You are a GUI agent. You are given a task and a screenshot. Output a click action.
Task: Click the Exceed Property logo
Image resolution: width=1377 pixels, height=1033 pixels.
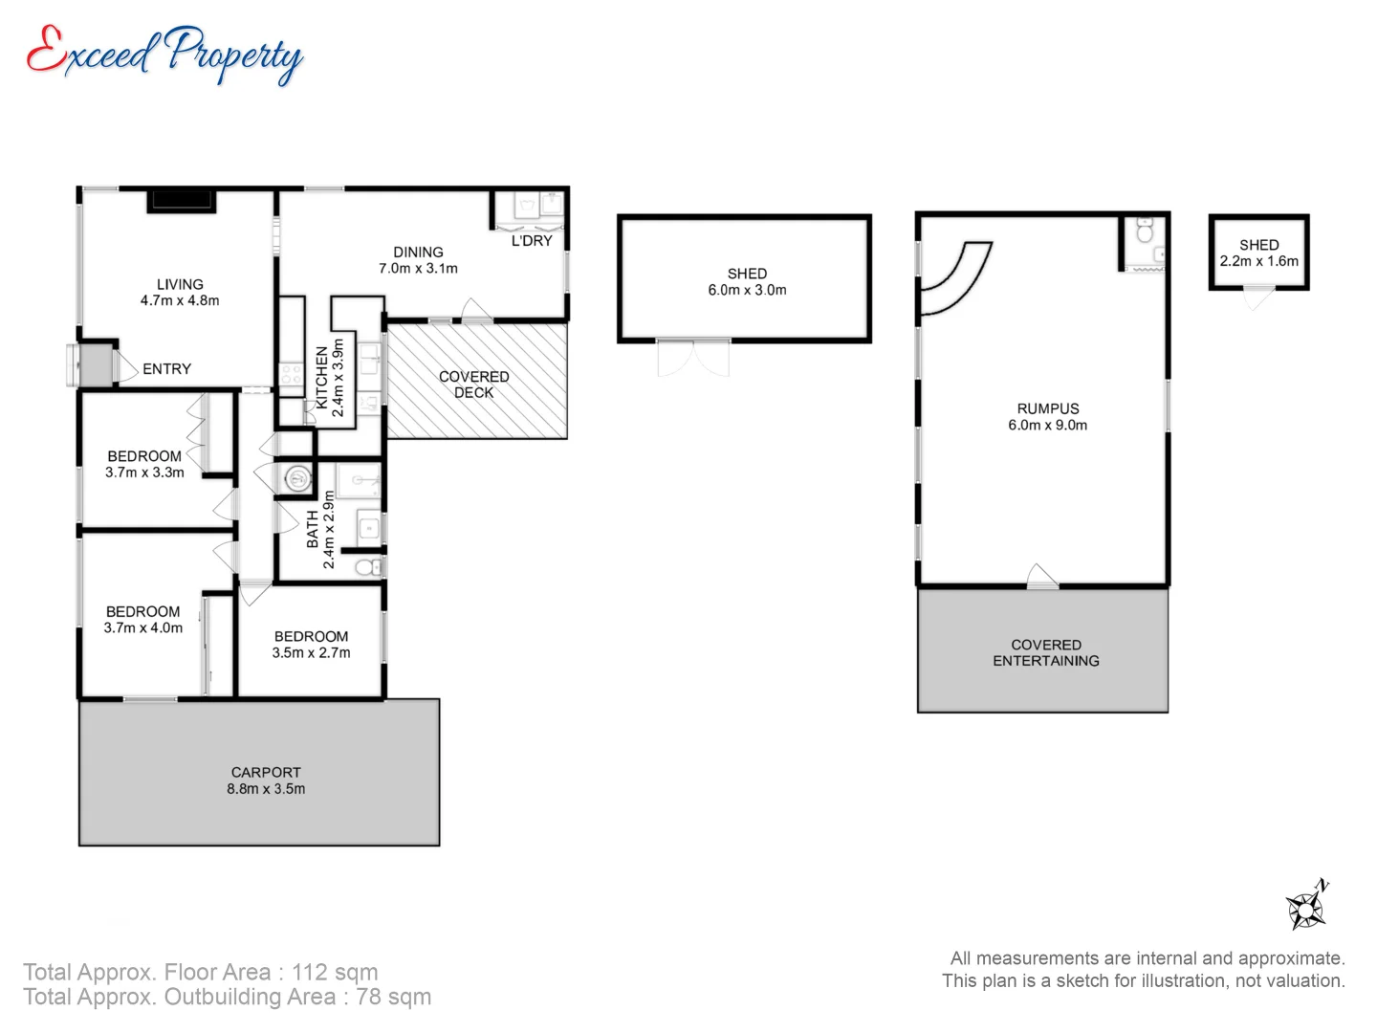(164, 55)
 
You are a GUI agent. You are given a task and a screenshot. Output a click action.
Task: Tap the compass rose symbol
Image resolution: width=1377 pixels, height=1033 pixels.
(1305, 906)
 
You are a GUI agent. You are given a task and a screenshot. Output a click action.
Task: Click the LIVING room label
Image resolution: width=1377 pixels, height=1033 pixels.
(180, 284)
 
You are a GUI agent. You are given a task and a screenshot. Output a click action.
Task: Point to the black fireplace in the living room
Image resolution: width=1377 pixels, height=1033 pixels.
(182, 201)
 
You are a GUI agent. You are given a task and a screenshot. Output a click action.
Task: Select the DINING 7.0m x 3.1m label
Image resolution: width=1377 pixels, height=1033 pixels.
(419, 260)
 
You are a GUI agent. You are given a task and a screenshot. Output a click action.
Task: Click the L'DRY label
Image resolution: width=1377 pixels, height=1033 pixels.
(532, 241)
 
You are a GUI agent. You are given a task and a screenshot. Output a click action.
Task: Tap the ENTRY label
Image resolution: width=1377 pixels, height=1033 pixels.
(167, 369)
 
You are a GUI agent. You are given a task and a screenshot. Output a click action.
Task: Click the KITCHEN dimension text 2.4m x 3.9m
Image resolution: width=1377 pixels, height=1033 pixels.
(338, 378)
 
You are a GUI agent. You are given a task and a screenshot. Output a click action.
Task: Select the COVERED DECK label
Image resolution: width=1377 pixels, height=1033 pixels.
(473, 385)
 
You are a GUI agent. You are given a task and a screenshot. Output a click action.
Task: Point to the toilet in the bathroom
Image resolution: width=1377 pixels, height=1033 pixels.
(367, 567)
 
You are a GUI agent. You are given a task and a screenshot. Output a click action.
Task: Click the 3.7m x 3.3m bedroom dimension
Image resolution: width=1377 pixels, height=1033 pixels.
(145, 473)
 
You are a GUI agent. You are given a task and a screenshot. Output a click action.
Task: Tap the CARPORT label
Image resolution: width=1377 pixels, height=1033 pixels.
(266, 772)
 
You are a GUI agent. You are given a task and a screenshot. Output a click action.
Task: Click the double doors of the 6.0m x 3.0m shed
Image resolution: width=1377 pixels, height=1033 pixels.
(693, 358)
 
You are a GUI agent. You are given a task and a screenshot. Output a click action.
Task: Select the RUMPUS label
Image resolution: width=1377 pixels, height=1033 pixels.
(1048, 408)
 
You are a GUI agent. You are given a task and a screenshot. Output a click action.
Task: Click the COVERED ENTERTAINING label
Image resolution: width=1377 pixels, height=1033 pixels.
(1046, 652)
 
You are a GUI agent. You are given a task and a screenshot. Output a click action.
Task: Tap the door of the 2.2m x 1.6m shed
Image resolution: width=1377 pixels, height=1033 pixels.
(1259, 297)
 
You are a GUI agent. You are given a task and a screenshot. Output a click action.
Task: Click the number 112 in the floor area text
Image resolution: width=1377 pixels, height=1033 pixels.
(309, 972)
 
